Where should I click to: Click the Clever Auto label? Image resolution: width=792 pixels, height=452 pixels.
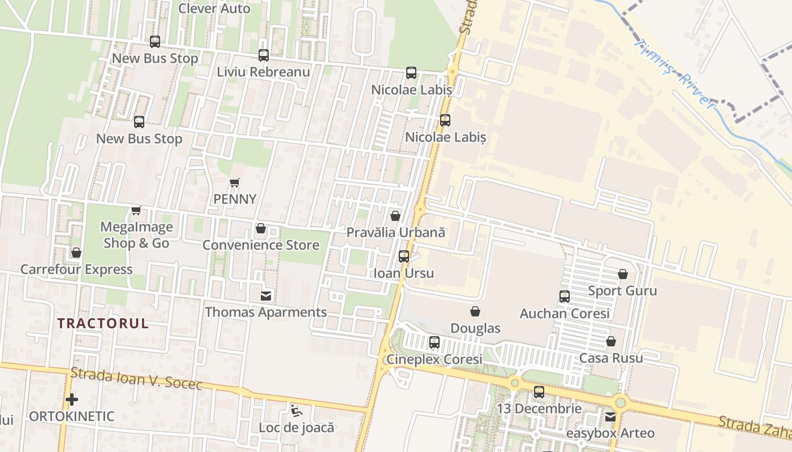(x=214, y=8)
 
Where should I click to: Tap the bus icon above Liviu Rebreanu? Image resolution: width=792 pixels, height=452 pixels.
(x=264, y=55)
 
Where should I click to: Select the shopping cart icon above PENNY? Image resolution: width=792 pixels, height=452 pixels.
(x=235, y=182)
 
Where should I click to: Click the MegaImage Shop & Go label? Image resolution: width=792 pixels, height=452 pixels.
(x=136, y=235)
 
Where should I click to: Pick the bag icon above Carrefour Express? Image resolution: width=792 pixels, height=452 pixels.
(x=76, y=253)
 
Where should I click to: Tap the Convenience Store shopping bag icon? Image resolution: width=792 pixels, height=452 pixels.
(x=261, y=228)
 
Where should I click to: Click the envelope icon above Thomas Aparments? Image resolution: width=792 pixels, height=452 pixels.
(x=265, y=295)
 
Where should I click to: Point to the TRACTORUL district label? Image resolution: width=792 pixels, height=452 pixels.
(x=103, y=323)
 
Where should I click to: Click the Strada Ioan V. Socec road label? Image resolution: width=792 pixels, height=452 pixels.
(x=136, y=379)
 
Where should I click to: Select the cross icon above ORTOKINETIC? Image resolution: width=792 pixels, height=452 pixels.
(x=71, y=399)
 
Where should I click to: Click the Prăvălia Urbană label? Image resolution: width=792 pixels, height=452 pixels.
(x=395, y=232)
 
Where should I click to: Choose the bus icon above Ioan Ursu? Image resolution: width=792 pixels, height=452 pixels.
(x=404, y=257)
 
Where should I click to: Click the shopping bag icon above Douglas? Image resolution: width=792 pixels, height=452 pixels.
(x=475, y=311)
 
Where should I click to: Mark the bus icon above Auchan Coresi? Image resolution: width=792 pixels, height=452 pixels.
(x=564, y=297)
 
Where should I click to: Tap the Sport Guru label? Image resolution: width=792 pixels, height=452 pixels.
(x=622, y=290)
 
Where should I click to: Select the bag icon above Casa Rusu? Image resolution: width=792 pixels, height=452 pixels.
(x=611, y=341)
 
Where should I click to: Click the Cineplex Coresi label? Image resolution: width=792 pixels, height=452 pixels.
(x=434, y=359)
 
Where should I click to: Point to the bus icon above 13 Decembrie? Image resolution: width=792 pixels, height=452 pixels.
(x=539, y=392)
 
